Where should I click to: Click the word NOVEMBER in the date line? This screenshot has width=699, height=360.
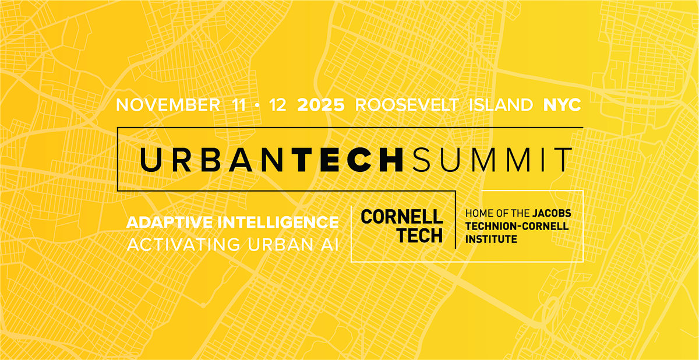click(x=168, y=105)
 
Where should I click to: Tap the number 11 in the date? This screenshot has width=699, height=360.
click(x=239, y=105)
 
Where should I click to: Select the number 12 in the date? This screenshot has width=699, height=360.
click(x=277, y=105)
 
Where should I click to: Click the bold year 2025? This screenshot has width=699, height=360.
click(x=321, y=105)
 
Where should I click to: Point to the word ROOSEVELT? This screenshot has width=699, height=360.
click(x=407, y=105)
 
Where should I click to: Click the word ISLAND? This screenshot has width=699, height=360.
click(x=501, y=105)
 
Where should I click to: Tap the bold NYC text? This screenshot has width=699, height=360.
click(x=562, y=105)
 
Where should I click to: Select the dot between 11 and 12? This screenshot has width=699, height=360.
click(x=257, y=105)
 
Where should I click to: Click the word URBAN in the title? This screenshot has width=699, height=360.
click(x=211, y=160)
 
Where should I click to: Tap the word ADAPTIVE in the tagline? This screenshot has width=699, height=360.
click(x=170, y=223)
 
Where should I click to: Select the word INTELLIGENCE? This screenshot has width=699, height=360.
click(x=278, y=223)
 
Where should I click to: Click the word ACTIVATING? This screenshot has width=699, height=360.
click(x=184, y=244)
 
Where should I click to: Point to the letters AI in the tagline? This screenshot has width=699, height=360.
click(x=330, y=244)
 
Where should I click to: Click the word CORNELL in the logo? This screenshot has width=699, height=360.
click(x=402, y=217)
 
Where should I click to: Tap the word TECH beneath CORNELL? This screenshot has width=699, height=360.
click(x=421, y=235)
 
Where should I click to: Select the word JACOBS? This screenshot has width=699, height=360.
click(x=552, y=213)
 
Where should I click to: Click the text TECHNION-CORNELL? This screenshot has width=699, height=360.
click(x=517, y=226)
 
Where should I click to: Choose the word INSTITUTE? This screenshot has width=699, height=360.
click(x=491, y=239)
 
